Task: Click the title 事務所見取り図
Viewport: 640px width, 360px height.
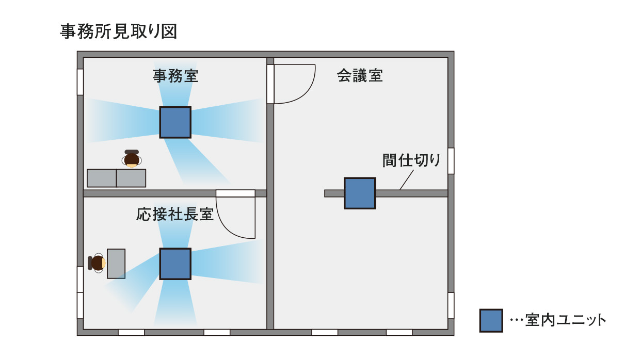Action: pos(119,31)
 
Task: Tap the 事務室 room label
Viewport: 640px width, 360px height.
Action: pos(175,76)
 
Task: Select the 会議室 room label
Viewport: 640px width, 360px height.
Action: pos(360,76)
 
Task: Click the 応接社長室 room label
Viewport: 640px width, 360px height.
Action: pos(175,214)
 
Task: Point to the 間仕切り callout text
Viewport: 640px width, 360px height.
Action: pos(411,160)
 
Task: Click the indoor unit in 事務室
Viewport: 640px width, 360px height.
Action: pos(175,122)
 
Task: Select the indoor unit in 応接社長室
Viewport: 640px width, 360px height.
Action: pos(175,264)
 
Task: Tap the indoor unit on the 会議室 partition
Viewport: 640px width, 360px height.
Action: pos(360,193)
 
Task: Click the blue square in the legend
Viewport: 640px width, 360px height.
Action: pos(491,320)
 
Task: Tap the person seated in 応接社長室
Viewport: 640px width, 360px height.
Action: pos(98,263)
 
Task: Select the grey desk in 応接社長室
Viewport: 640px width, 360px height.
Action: pos(116,264)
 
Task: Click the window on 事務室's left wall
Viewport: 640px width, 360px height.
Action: pos(80,82)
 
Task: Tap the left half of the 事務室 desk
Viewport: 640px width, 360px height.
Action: pos(102,178)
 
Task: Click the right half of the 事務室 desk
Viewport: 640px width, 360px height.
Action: pos(131,178)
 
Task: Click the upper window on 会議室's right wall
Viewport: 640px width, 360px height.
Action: pos(451,161)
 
